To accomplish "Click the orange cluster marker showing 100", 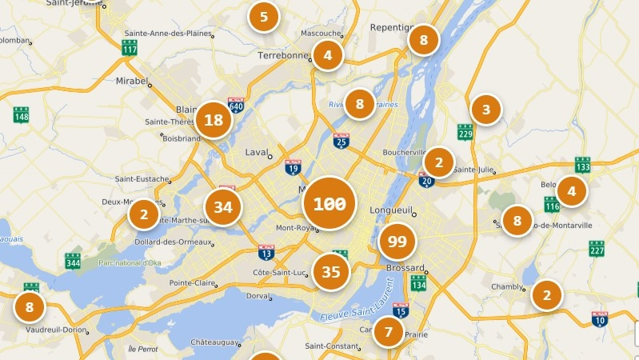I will (x=329, y=203).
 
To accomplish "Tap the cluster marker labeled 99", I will (x=397, y=241).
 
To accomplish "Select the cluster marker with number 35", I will (x=331, y=272).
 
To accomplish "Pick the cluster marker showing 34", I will (x=223, y=207).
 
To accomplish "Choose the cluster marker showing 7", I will (x=389, y=331).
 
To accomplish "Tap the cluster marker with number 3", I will (x=485, y=110).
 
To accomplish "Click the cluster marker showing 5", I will (x=264, y=16).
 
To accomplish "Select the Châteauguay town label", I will (x=214, y=342).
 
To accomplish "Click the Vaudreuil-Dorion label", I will (x=56, y=329).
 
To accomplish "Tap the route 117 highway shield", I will (x=130, y=48).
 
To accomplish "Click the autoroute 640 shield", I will (x=235, y=105).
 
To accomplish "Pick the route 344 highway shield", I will (x=73, y=261).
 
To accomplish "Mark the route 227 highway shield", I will (x=597, y=250).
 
